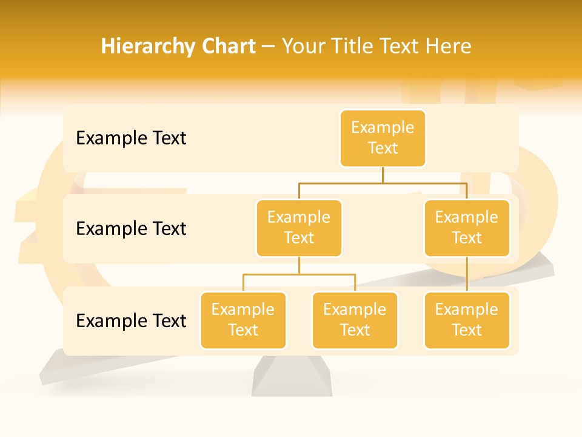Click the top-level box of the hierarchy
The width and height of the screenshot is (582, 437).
[x=383, y=138]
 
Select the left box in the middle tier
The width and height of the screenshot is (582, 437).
[x=299, y=228]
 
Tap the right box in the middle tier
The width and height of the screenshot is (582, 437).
[x=467, y=228]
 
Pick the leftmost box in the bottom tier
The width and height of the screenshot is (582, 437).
[x=243, y=320]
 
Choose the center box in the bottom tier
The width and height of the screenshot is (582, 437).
[x=355, y=320]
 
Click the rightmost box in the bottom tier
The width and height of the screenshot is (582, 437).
[x=467, y=320]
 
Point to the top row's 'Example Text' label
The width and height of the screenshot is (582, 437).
[x=131, y=138]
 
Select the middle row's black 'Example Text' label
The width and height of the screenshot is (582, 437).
[x=131, y=229]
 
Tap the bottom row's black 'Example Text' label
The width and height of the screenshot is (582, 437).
[x=131, y=320]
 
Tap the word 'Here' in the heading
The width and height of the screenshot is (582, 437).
[x=448, y=46]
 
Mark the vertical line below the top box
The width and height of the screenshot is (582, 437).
[x=383, y=175]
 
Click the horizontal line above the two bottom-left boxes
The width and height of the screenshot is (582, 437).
[x=299, y=274]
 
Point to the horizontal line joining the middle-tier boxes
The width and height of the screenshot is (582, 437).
[x=383, y=183]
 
